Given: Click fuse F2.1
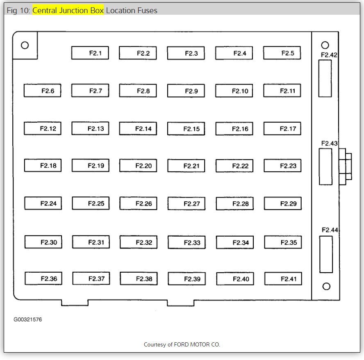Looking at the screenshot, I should click(x=90, y=53).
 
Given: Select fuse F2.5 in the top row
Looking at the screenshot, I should click(x=282, y=53).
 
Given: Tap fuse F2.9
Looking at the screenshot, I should click(x=186, y=91).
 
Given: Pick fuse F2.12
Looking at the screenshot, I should click(x=42, y=128).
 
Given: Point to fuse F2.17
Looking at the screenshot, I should click(x=282, y=128).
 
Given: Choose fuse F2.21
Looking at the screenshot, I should click(x=186, y=166).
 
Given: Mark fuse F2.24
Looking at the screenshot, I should click(x=43, y=203).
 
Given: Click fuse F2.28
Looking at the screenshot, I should click(x=234, y=204).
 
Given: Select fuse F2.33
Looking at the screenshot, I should click(x=187, y=243).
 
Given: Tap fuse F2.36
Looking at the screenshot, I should click(x=43, y=278).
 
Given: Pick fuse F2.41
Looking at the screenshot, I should click(x=283, y=279).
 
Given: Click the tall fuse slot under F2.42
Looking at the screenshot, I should click(x=325, y=78).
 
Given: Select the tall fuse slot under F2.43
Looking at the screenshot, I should click(x=325, y=167).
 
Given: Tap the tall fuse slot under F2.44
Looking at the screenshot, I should click(x=326, y=254).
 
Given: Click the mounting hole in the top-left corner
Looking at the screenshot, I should click(x=25, y=45).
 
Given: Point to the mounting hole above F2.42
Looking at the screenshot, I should click(x=325, y=45).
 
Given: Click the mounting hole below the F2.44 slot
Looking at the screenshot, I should click(x=326, y=286).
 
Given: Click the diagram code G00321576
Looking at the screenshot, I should click(x=27, y=319).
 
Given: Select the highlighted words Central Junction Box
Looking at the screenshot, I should click(x=68, y=10).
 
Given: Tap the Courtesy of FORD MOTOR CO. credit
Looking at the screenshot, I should click(x=182, y=344).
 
